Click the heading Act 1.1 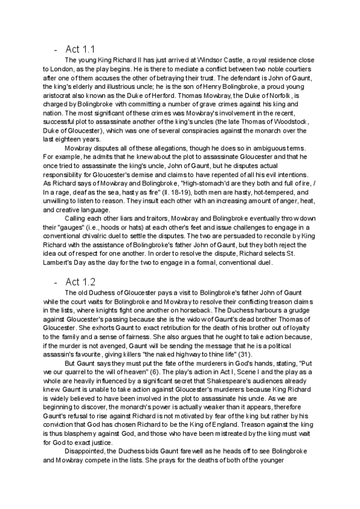[80, 48]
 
